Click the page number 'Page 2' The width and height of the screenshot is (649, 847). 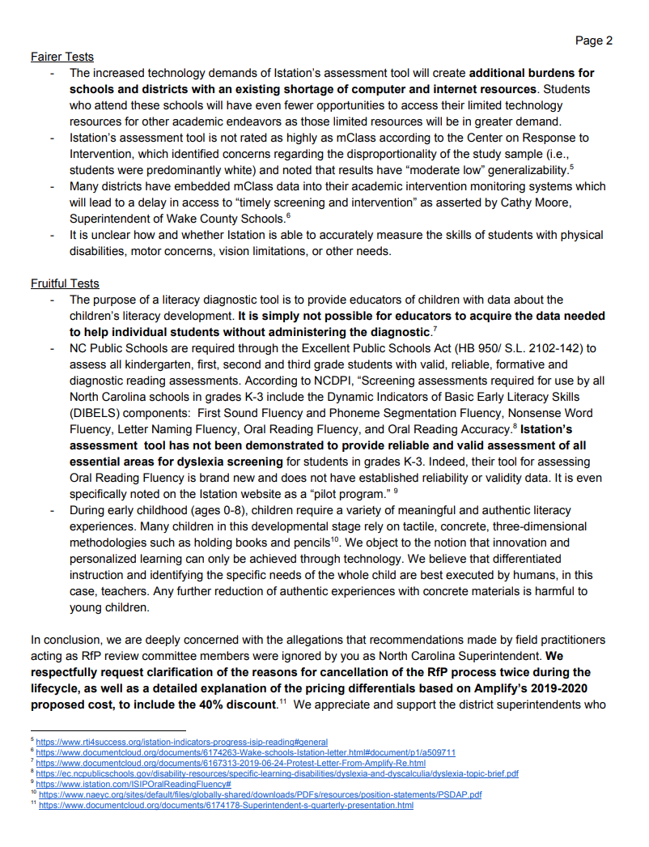pyautogui.click(x=594, y=40)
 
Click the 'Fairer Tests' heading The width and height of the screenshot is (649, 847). pyautogui.click(x=62, y=57)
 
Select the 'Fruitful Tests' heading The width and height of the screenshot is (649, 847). pyautogui.click(x=65, y=283)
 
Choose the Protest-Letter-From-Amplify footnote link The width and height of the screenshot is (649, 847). pyautogui.click(x=231, y=763)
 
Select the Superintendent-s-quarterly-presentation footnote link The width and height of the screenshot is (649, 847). pyautogui.click(x=227, y=806)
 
